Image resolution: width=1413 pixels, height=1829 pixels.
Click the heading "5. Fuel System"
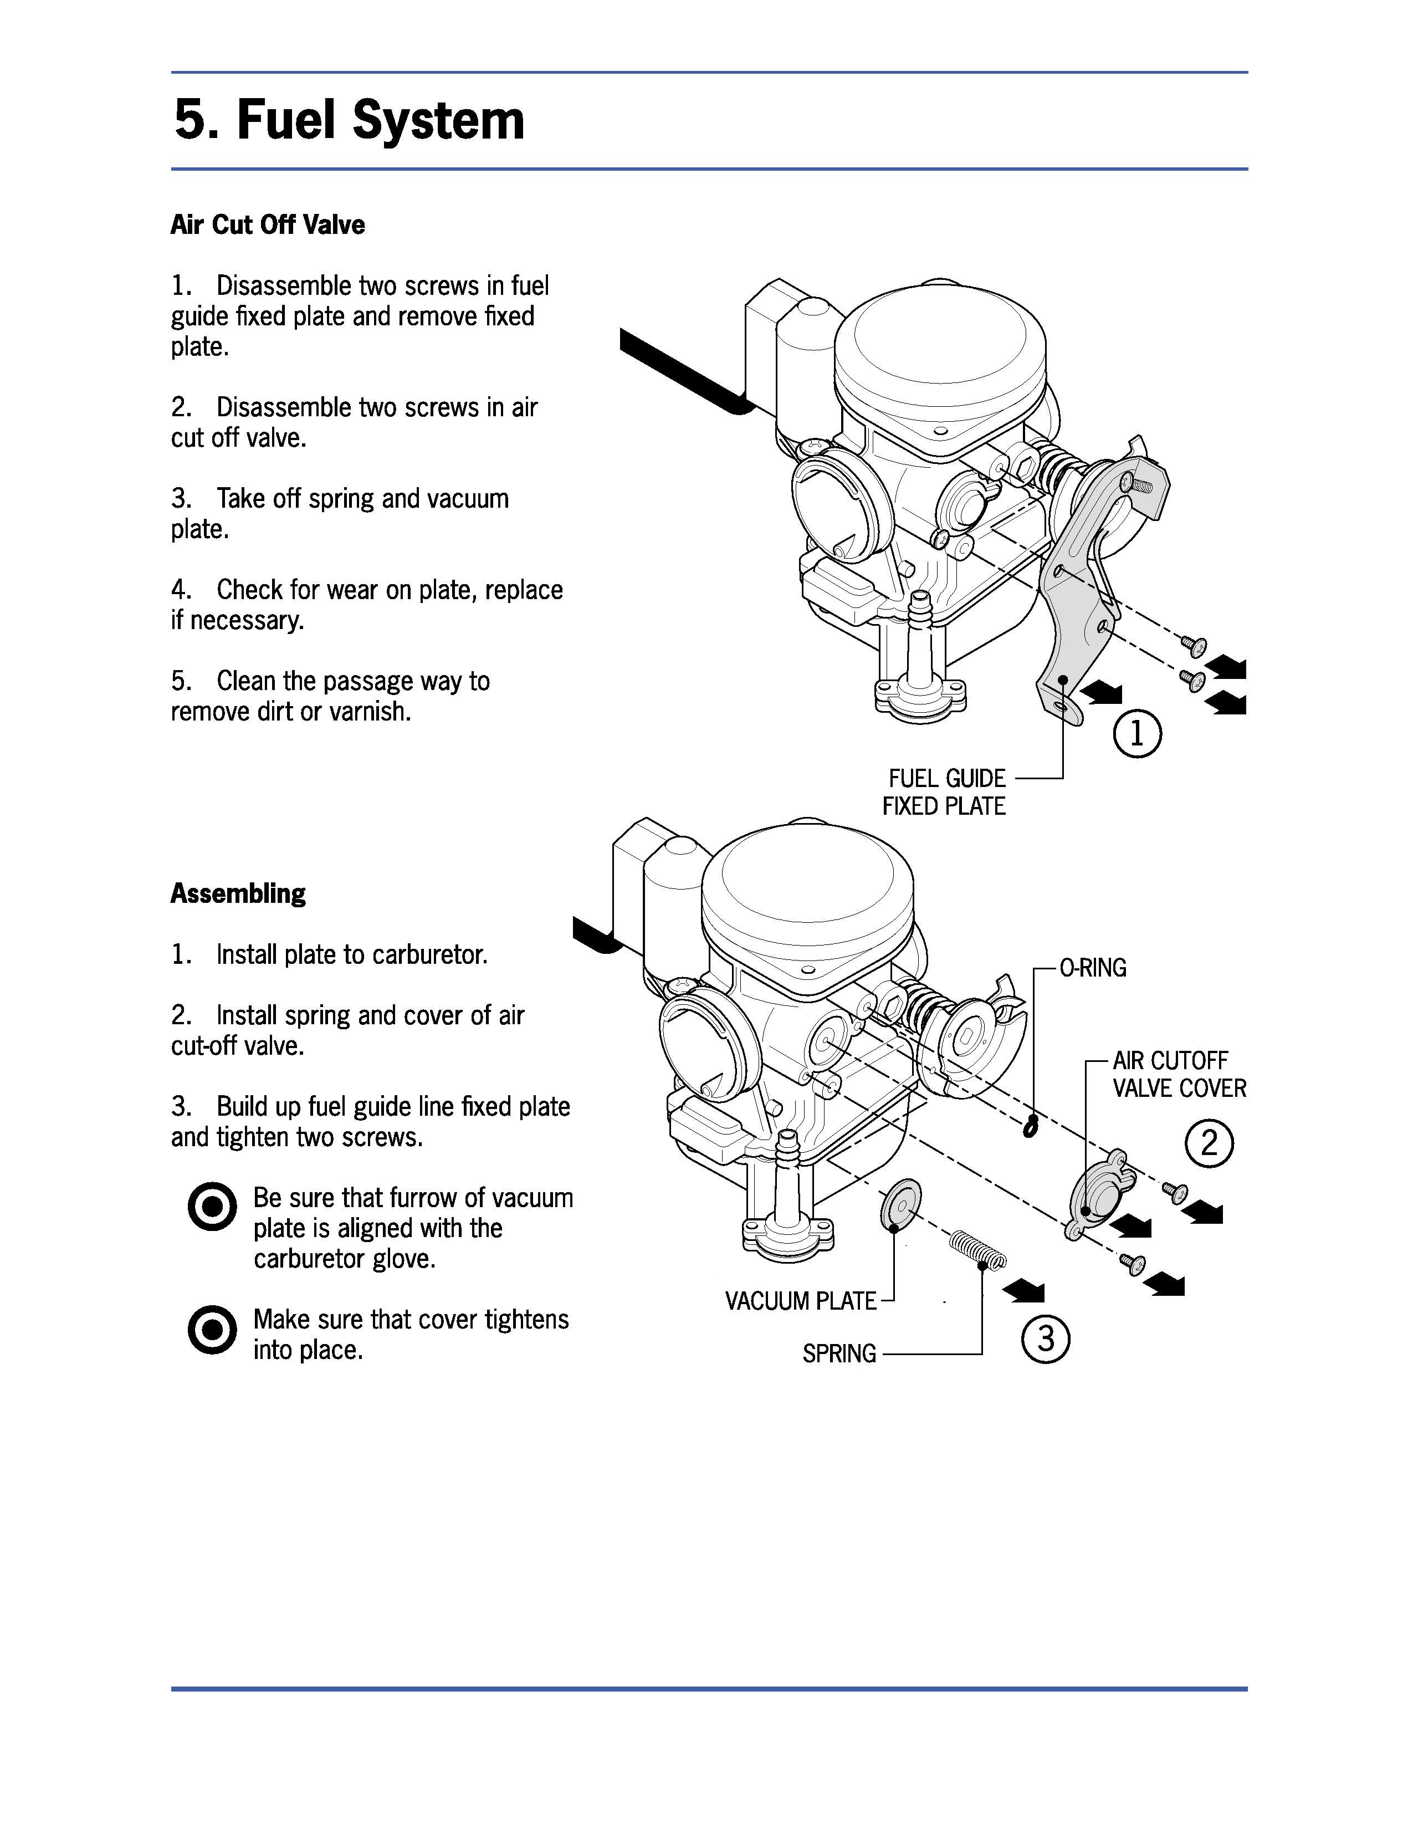tap(349, 120)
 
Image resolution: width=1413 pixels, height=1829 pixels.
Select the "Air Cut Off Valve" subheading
tap(268, 224)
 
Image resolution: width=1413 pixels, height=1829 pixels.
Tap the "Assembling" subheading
tap(239, 893)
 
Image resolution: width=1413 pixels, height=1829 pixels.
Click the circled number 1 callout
tap(1136, 734)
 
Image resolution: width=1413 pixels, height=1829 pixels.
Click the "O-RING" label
tap(1093, 968)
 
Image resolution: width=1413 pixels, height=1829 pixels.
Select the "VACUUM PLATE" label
tap(800, 1301)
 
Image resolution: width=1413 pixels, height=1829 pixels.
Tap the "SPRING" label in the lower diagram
tap(839, 1354)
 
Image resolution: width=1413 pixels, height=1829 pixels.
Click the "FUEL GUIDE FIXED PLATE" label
tap(944, 792)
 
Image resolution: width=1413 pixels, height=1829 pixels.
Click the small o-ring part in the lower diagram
tap(1031, 1126)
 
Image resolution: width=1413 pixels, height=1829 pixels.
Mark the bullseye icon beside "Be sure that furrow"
tap(213, 1207)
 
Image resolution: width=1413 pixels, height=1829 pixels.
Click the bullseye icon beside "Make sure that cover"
tap(213, 1329)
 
